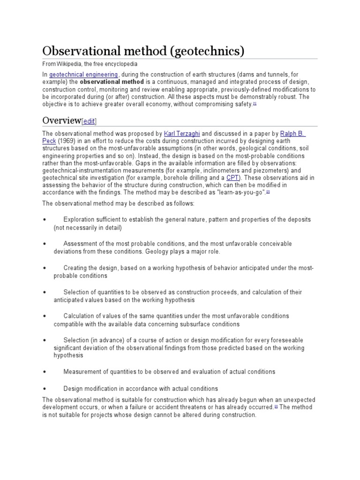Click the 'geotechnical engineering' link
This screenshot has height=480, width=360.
click(x=84, y=74)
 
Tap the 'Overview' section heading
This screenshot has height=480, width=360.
click(x=62, y=120)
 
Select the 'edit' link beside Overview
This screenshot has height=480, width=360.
click(x=89, y=121)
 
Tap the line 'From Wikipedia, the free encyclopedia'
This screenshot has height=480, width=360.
click(x=90, y=64)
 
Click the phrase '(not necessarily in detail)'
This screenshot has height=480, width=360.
click(x=87, y=228)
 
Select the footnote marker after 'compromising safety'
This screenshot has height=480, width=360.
click(x=255, y=104)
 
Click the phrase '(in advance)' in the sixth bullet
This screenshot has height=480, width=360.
click(x=105, y=340)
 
